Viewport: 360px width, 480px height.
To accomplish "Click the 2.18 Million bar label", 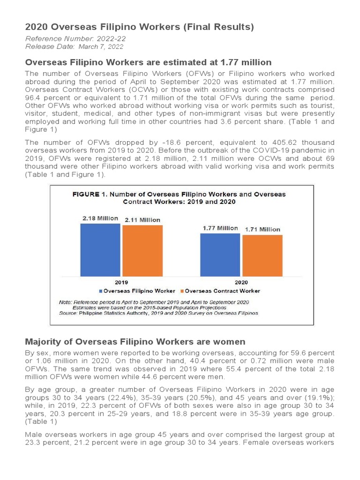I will [x=100, y=218].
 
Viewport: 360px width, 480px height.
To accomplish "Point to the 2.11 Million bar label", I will [x=142, y=220].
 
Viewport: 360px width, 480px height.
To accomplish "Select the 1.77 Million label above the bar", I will [x=220, y=228].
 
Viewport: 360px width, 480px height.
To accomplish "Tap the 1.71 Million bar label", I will [x=263, y=229].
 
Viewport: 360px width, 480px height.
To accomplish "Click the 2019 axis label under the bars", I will [x=121, y=283].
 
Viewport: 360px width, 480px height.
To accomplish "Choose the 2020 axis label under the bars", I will [x=241, y=283].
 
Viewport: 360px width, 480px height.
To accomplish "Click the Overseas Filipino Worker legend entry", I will [x=139, y=291].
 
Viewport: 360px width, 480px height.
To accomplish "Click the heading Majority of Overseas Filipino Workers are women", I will [x=135, y=342].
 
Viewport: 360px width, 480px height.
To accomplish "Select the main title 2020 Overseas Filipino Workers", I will [x=139, y=27].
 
